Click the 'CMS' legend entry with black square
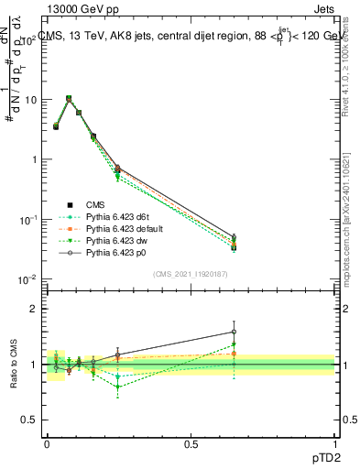pyautogui.click(x=96, y=204)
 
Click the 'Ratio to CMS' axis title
pyautogui.click(x=15, y=364)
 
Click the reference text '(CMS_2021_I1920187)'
pyautogui.click(x=190, y=274)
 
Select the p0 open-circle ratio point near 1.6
pyautogui.click(x=234, y=332)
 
